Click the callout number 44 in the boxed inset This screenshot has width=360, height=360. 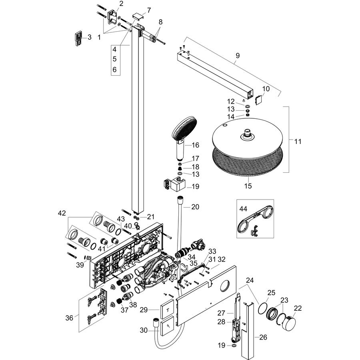tap(243, 209)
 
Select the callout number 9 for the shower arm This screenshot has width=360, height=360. tap(238, 56)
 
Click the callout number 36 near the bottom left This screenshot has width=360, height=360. tap(69, 318)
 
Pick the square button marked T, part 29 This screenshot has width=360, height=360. tap(166, 309)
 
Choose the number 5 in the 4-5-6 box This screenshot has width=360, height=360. tap(114, 59)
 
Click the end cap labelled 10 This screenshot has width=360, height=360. tap(259, 100)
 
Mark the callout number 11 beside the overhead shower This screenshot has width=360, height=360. tap(298, 142)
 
